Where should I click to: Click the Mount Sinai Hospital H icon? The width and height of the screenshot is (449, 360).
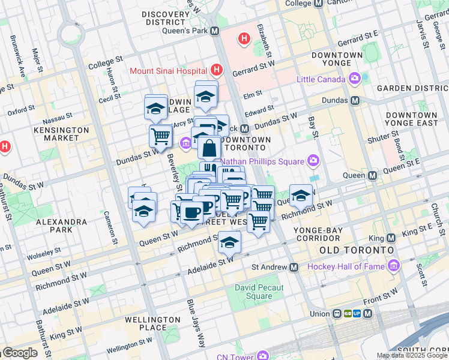point(217,71)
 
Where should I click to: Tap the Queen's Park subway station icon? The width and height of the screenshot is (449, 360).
point(214,31)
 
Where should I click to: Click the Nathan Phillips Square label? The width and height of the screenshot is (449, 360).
point(262,161)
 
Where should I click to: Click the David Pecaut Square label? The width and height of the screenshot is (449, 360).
point(259,292)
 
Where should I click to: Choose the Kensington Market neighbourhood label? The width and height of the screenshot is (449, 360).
point(57,134)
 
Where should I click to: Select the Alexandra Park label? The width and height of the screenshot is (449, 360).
point(62,226)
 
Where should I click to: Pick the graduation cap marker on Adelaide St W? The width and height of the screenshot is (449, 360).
point(229,242)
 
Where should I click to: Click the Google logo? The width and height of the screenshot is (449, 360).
point(20,353)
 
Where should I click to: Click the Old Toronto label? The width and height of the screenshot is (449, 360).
point(357,249)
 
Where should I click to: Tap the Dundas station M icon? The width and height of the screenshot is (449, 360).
point(355,101)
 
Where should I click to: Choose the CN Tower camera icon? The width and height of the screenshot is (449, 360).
point(262,356)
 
